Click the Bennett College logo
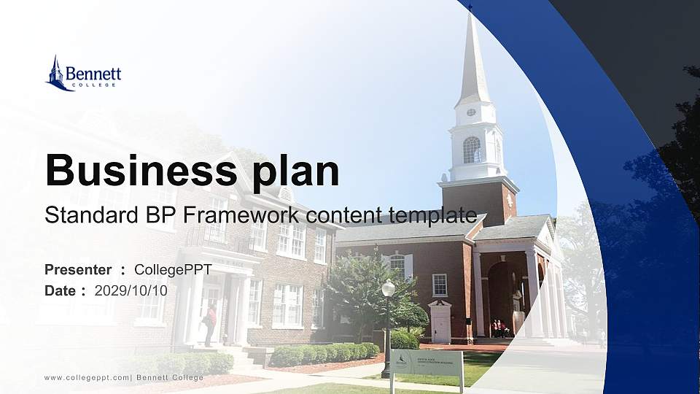tap(82, 74)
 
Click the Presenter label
tap(78, 270)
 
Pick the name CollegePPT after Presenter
tap(173, 270)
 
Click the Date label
tap(61, 290)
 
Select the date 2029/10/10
tap(131, 290)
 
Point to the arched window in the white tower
tap(471, 150)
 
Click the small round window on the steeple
tap(471, 112)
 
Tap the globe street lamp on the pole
tap(388, 289)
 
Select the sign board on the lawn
tap(426, 362)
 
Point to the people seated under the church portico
tap(499, 328)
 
